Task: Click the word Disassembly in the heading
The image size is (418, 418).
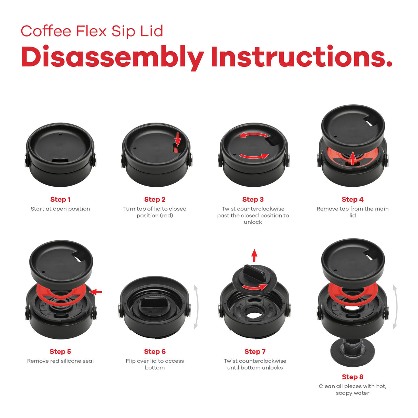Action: [x=113, y=58]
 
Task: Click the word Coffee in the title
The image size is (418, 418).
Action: [x=46, y=31]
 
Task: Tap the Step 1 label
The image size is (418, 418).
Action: [x=60, y=199]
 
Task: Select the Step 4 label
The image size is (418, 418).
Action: [x=352, y=199]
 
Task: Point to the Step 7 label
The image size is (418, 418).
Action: [x=255, y=352]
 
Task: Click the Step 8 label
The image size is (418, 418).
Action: [x=352, y=377]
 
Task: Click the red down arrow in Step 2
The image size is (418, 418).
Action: [x=178, y=139]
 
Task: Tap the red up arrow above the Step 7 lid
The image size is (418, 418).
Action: [x=254, y=255]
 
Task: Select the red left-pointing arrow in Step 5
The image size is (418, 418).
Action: [x=96, y=292]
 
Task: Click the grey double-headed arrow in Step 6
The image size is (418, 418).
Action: [x=196, y=307]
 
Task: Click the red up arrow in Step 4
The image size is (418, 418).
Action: [x=352, y=158]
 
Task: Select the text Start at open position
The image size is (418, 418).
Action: [x=60, y=209]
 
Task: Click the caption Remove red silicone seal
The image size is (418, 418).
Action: [x=60, y=361]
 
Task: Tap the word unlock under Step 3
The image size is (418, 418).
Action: [x=253, y=222]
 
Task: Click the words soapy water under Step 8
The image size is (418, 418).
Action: [x=352, y=393]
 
